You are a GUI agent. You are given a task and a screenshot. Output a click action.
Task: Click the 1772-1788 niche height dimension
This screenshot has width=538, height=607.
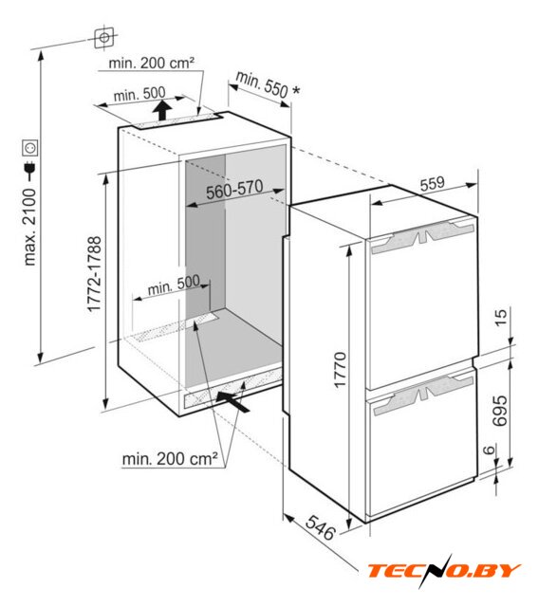pos(94,274)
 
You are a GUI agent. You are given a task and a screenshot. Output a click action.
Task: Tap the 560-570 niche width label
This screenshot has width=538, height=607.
pos(234,190)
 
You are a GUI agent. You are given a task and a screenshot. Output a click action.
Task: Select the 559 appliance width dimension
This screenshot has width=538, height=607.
pos(433,183)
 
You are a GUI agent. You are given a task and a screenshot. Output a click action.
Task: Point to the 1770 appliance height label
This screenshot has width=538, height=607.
pos(340,369)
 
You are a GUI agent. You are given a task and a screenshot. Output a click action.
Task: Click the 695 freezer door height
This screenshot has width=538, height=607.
pos(499,411)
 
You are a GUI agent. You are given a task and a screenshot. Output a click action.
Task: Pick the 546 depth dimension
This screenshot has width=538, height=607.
pos(320,527)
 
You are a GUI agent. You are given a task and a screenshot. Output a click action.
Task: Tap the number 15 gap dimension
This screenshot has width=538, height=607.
pos(500,318)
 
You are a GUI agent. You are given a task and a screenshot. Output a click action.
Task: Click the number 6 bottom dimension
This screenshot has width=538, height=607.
pos(490,450)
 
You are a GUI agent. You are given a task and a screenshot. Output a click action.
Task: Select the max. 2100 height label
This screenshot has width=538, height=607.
pos(29,228)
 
